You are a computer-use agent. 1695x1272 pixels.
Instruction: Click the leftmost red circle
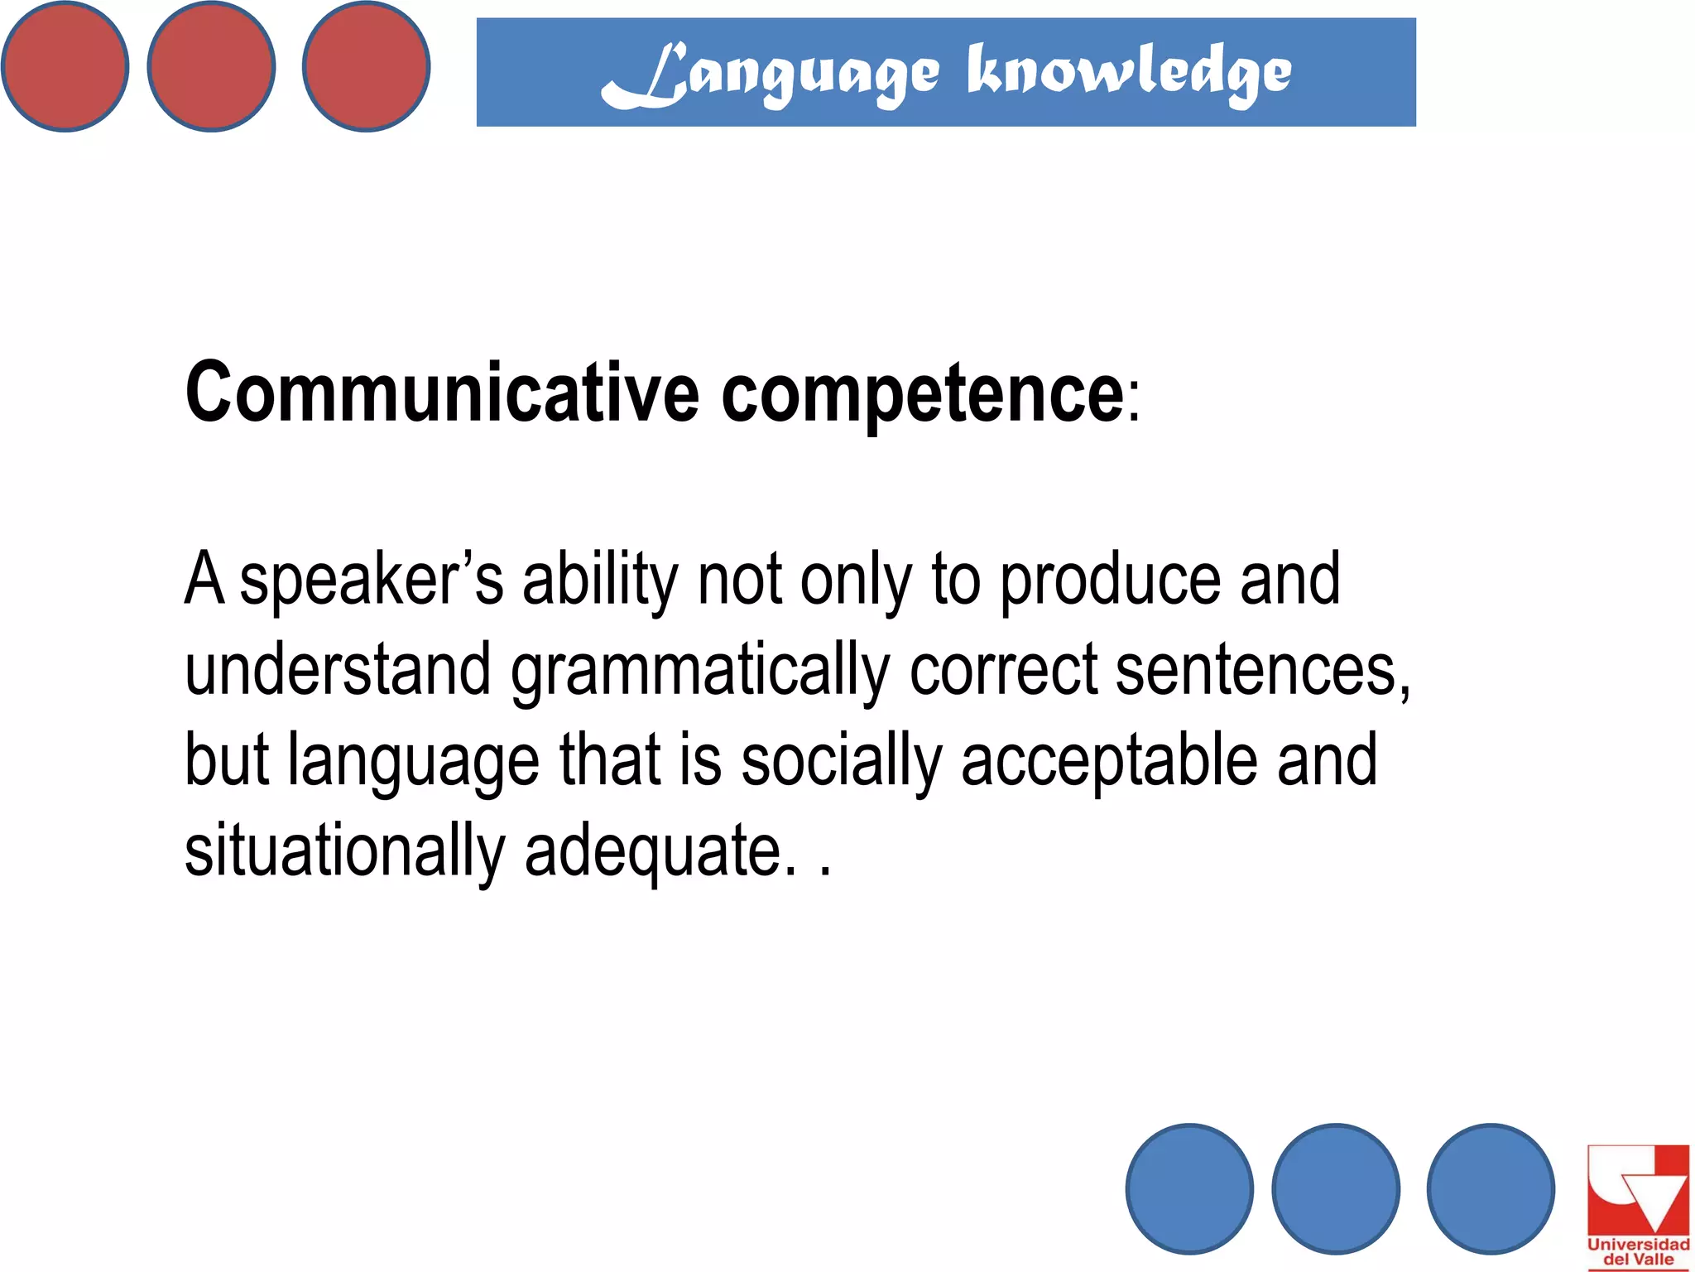65,66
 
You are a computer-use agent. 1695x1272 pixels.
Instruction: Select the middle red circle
211,66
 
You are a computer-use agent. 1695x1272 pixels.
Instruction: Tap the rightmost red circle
366,66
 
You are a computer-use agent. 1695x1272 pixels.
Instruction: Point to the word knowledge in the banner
1129,73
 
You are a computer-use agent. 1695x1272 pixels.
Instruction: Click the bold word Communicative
442,393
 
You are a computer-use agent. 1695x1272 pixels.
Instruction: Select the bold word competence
922,394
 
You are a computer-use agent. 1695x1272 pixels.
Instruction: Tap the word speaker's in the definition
372,579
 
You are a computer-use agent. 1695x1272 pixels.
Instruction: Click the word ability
600,581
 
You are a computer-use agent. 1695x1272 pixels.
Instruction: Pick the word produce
1110,581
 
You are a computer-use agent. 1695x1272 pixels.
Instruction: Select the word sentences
1263,669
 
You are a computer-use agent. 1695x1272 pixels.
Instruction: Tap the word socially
841,761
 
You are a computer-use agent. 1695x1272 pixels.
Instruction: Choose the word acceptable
1109,761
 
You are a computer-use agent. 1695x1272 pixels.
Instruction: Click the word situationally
344,851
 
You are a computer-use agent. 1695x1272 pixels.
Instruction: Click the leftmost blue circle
1189,1188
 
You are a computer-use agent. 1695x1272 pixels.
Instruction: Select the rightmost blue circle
1491,1188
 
